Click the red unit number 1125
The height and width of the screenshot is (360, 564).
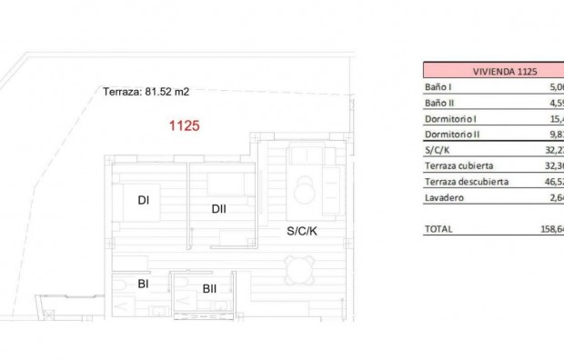point(185,128)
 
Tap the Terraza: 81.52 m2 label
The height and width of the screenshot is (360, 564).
point(146,91)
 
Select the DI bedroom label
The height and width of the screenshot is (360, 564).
point(143,202)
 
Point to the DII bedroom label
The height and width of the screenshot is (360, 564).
point(218,208)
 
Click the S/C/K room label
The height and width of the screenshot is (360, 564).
point(302,232)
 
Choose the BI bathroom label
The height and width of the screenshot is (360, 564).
point(143,284)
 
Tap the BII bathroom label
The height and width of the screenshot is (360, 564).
point(209,289)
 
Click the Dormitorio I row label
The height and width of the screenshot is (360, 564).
point(450,119)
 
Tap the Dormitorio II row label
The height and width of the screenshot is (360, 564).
point(451,135)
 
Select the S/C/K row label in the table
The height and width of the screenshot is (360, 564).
point(438,150)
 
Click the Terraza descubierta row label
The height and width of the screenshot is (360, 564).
point(466,182)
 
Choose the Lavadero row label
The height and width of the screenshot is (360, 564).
point(445,197)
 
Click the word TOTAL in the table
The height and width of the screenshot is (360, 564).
point(438,229)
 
